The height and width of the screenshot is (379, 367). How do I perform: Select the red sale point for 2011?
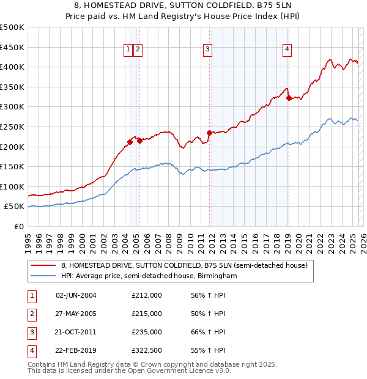pyautogui.click(x=209, y=132)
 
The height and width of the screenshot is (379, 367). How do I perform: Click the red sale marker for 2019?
pyautogui.click(x=288, y=97)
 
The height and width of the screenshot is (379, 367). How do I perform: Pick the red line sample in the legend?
pyautogui.click(x=43, y=265)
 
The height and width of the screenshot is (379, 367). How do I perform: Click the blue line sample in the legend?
pyautogui.click(x=43, y=276)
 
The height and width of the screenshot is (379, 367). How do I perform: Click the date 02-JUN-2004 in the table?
pyautogui.click(x=76, y=295)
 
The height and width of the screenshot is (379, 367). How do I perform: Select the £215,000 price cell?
pyautogui.click(x=147, y=314)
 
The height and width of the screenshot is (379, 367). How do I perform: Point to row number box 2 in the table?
pyautogui.click(x=31, y=314)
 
